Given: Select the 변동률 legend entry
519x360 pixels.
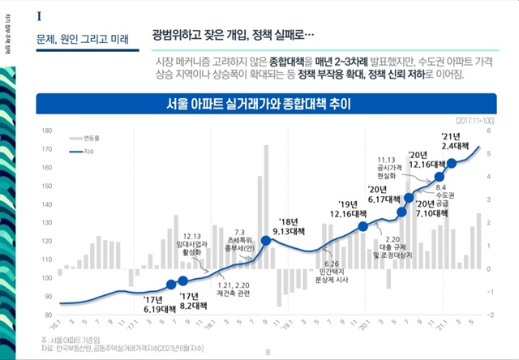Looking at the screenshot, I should (x=88, y=138).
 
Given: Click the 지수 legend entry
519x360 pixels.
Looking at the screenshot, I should (x=88, y=151).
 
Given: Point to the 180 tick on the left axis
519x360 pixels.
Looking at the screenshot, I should (x=46, y=131).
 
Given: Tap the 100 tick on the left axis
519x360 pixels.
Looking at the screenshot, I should (x=46, y=277).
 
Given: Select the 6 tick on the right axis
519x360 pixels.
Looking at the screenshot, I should (x=489, y=131).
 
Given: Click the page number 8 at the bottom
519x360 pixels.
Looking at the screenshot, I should (x=268, y=352).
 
